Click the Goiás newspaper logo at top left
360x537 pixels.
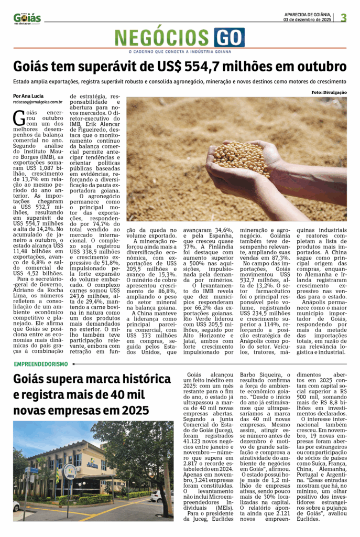(x=27, y=18)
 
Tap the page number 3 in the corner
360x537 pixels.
(x=343, y=17)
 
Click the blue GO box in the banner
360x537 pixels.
(x=229, y=38)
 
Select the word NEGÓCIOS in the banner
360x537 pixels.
(x=164, y=38)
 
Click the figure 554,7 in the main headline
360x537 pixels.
(x=216, y=68)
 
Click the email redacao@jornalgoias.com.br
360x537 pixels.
(x=38, y=102)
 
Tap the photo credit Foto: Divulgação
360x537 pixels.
(x=328, y=92)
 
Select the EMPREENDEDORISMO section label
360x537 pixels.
(x=41, y=364)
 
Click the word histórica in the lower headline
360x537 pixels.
(x=132, y=379)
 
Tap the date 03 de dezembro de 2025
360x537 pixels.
(x=307, y=20)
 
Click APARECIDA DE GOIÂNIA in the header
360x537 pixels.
(x=307, y=14)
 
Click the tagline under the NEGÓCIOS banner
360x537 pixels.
(x=180, y=51)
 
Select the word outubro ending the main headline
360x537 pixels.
(x=320, y=68)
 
